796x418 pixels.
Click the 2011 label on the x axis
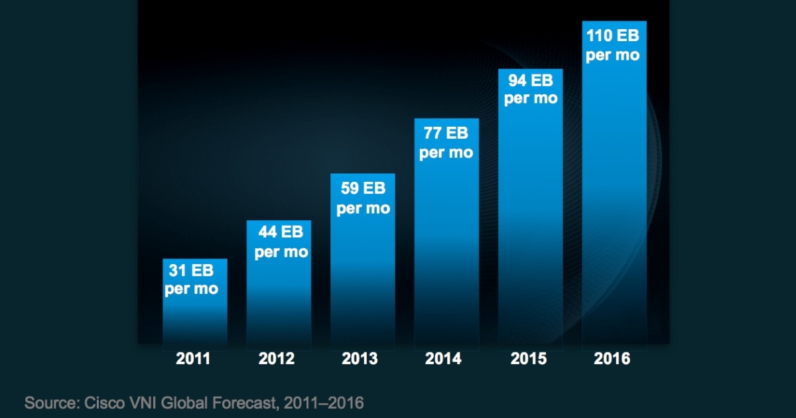pos(193,359)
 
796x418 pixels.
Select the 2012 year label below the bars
pos(277,359)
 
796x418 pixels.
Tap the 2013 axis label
pos(360,359)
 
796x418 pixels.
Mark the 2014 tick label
pos(444,359)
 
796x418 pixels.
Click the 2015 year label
pos(529,359)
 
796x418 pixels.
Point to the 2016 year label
pos(612,359)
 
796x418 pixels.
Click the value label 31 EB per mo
pos(192,280)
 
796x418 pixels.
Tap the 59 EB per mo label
pos(363,198)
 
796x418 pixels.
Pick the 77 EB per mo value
pos(446,143)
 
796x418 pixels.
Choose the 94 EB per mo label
pos(531,89)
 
